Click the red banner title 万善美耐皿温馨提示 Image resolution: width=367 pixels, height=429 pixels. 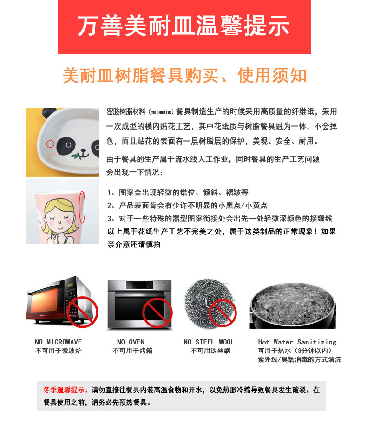(x=184, y=26)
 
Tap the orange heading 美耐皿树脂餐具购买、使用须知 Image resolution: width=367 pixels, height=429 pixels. (x=184, y=76)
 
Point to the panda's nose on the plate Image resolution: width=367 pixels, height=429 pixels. (x=85, y=151)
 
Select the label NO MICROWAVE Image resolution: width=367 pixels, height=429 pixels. (x=58, y=342)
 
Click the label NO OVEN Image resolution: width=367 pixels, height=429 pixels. (x=131, y=342)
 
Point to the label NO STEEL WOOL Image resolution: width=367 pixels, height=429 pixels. (x=209, y=342)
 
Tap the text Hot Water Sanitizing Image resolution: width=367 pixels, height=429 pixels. (x=297, y=342)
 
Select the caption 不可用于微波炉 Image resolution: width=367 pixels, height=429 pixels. (x=58, y=351)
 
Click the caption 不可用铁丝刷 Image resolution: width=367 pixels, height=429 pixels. (x=210, y=351)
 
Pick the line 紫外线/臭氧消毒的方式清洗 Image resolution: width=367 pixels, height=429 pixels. (x=299, y=360)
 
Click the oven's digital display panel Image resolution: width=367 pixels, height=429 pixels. (x=139, y=286)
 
